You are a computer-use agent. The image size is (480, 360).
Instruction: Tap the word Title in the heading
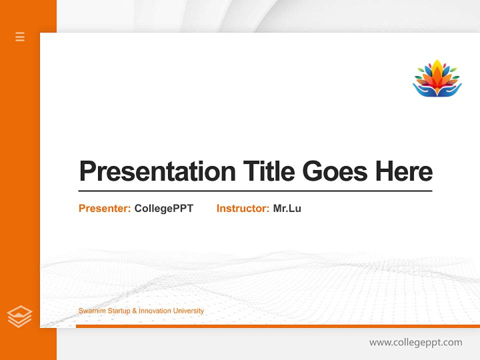click(268, 171)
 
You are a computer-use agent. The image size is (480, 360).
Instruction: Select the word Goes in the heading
click(335, 171)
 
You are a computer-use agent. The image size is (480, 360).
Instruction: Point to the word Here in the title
click(404, 171)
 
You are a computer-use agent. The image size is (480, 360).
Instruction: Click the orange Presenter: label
click(104, 208)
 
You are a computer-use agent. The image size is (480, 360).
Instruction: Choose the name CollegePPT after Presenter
click(163, 208)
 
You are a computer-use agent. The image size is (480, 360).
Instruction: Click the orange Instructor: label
click(242, 208)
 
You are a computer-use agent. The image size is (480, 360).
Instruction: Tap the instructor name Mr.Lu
click(287, 208)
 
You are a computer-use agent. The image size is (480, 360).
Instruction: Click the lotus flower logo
click(437, 78)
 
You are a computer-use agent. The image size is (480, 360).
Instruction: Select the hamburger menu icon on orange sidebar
click(20, 36)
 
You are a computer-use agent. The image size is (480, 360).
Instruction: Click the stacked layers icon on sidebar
click(19, 316)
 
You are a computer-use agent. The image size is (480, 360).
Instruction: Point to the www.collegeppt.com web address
click(415, 342)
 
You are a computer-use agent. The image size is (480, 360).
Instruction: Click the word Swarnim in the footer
click(90, 311)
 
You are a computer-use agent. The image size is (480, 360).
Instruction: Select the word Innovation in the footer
click(155, 311)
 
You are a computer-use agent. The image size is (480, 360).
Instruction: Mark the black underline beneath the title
click(255, 190)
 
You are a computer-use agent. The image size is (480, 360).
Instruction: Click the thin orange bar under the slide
click(277, 326)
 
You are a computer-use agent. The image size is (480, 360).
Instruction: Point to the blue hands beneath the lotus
click(437, 90)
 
